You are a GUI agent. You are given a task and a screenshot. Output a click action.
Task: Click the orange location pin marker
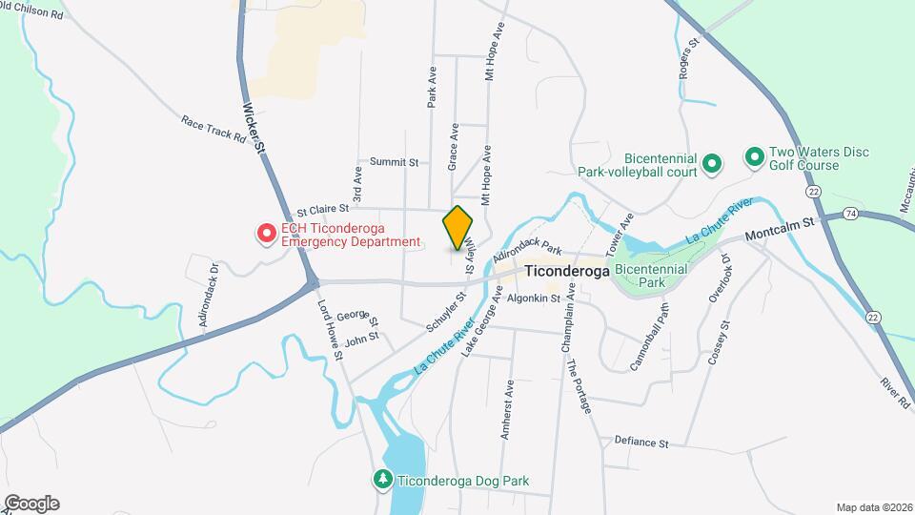tap(458, 227)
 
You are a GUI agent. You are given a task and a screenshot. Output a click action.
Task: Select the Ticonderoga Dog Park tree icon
tap(382, 480)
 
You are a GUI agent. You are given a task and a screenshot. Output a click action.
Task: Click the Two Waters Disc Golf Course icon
tap(754, 155)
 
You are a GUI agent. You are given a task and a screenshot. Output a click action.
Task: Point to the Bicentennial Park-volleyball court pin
tap(711, 165)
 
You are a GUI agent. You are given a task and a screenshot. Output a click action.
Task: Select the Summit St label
tap(395, 162)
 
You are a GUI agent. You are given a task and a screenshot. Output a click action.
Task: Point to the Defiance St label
tap(642, 443)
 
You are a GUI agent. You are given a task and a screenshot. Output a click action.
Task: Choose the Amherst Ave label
tap(508, 409)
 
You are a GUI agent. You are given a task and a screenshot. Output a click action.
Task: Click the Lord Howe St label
tap(330, 330)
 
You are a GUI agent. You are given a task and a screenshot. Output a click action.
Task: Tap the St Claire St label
tap(323, 209)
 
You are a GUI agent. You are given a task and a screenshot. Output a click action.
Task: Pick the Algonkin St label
tap(534, 299)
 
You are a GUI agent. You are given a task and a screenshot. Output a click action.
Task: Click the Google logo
tap(31, 504)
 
